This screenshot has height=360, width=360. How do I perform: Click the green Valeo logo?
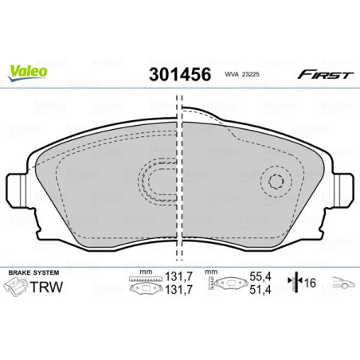[28, 71]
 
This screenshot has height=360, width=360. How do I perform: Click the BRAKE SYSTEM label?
[31, 272]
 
